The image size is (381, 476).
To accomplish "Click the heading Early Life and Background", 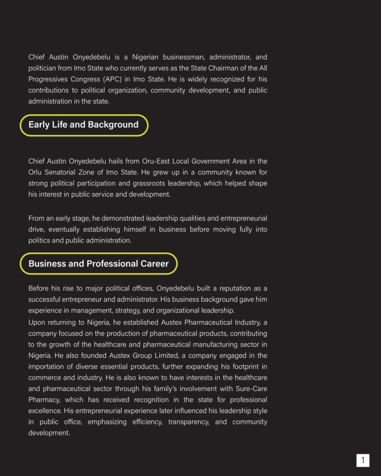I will tap(84, 125).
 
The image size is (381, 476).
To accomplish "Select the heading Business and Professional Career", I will tap(99, 264).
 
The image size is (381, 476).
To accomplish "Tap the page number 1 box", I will tap(363, 460).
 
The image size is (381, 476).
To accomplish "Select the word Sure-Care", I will tap(251, 389).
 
